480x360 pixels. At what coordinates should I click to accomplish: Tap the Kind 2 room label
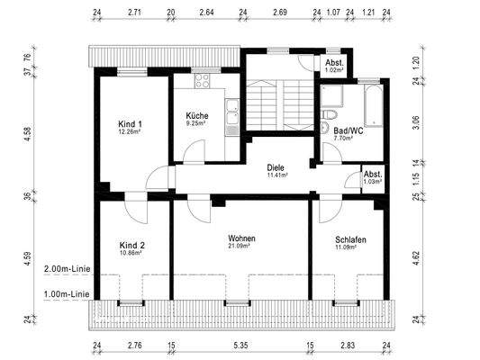tap(132, 245)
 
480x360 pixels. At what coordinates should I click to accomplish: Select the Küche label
tap(198, 116)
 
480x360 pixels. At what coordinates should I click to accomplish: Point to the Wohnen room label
tap(241, 238)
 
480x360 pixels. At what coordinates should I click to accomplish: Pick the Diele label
tap(276, 167)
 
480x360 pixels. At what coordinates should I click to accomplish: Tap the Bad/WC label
tap(337, 130)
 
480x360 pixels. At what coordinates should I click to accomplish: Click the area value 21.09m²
tap(241, 247)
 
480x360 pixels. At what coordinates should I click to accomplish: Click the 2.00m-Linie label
tap(65, 269)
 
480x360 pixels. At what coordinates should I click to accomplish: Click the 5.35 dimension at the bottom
tap(240, 345)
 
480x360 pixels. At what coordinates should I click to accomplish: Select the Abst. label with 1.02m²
tap(334, 63)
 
